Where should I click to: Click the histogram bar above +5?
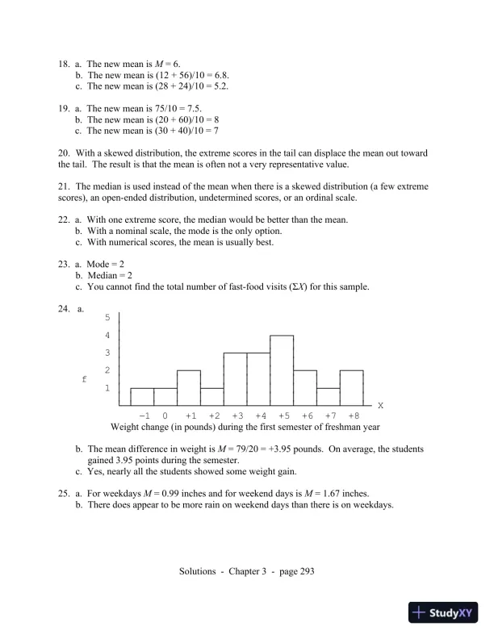[282, 370]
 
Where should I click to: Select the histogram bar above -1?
[142, 396]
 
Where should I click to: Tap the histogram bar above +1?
[189, 387]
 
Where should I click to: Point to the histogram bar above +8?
[352, 387]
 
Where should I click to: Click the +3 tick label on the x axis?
[235, 415]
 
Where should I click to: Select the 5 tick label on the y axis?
[107, 318]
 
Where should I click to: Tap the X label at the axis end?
[380, 404]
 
